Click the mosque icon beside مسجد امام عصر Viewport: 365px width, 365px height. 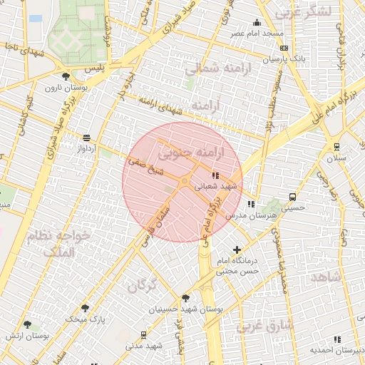pyautogui.click(x=257, y=23)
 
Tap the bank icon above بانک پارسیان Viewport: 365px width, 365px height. pyautogui.click(x=284, y=48)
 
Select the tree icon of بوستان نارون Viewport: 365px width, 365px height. pyautogui.click(x=66, y=76)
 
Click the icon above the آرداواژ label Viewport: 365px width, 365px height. pyautogui.click(x=87, y=138)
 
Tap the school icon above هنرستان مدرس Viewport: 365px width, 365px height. pyautogui.click(x=250, y=204)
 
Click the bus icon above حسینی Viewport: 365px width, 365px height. pyautogui.click(x=292, y=197)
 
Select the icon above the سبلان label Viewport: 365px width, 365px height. pyautogui.click(x=336, y=147)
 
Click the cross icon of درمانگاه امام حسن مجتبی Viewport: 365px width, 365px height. pyautogui.click(x=237, y=250)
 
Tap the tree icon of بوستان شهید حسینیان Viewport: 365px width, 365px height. pyautogui.click(x=186, y=298)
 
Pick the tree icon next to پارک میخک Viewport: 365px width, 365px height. pyautogui.click(x=86, y=308)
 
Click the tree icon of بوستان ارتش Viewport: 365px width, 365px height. pyautogui.click(x=27, y=324)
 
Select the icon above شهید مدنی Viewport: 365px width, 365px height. pyautogui.click(x=144, y=334)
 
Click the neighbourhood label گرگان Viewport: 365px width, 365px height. pyautogui.click(x=142, y=287)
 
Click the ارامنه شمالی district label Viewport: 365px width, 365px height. pyautogui.click(x=212, y=69)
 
